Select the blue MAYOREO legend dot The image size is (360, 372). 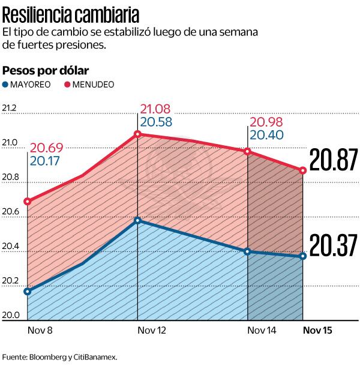(7, 85)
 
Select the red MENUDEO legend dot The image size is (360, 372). (67, 85)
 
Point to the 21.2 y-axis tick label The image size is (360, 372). (10, 109)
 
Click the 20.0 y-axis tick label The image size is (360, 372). (10, 316)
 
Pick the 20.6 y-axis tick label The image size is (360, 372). (10, 212)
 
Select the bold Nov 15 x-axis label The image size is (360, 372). (317, 331)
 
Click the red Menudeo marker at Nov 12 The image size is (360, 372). (138, 134)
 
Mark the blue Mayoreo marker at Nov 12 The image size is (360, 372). (138, 220)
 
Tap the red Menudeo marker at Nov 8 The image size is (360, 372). (28, 201)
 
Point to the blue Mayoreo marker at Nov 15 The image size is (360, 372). (303, 256)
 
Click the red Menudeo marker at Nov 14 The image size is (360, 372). (247, 151)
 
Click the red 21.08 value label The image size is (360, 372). (155, 109)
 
